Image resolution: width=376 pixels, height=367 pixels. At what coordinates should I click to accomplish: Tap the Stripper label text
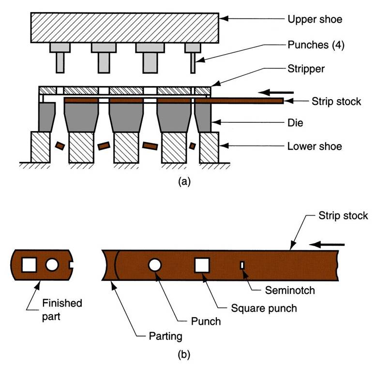306,69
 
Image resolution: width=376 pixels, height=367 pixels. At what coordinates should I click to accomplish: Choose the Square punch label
256,307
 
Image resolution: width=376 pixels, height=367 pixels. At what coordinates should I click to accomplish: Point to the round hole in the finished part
52,264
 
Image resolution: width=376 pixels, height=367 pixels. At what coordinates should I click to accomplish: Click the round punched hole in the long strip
155,265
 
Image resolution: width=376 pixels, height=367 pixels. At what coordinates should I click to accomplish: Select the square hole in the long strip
202,265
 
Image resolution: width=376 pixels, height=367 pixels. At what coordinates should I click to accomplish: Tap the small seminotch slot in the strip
242,264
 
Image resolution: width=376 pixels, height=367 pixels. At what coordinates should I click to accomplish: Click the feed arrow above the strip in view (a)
276,91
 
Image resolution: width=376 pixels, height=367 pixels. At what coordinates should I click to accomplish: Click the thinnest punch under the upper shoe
193,63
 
